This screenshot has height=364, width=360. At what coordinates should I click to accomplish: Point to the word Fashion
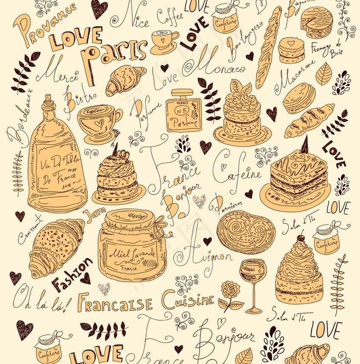pyautogui.click(x=72, y=275)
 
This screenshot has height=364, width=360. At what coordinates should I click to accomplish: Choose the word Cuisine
pyautogui.click(x=187, y=299)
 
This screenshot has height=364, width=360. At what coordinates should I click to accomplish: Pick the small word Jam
pyautogui.click(x=93, y=216)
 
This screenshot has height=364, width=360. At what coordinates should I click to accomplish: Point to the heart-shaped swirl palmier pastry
pyautogui.click(x=245, y=232)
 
